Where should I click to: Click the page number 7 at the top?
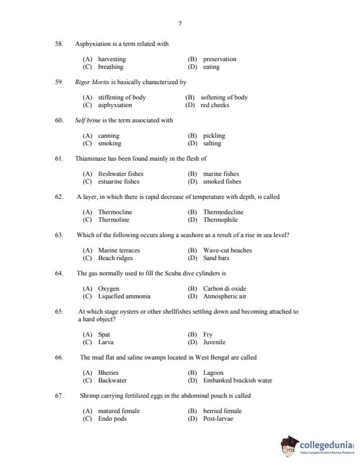(179, 24)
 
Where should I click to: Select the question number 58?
(59, 44)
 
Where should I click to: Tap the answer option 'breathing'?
(111, 67)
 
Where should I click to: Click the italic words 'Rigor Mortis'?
(91, 82)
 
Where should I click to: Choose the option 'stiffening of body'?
(122, 98)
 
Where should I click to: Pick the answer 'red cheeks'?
(215, 105)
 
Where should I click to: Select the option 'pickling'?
(214, 136)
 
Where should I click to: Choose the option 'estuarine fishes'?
(119, 182)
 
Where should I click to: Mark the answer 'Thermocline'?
(115, 212)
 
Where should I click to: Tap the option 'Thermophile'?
(221, 220)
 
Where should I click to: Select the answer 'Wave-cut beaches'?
(227, 251)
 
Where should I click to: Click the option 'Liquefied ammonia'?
(124, 297)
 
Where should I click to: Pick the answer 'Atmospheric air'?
(225, 297)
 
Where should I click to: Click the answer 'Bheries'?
(108, 373)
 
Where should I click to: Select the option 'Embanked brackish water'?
(238, 381)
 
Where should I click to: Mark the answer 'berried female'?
(222, 411)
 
